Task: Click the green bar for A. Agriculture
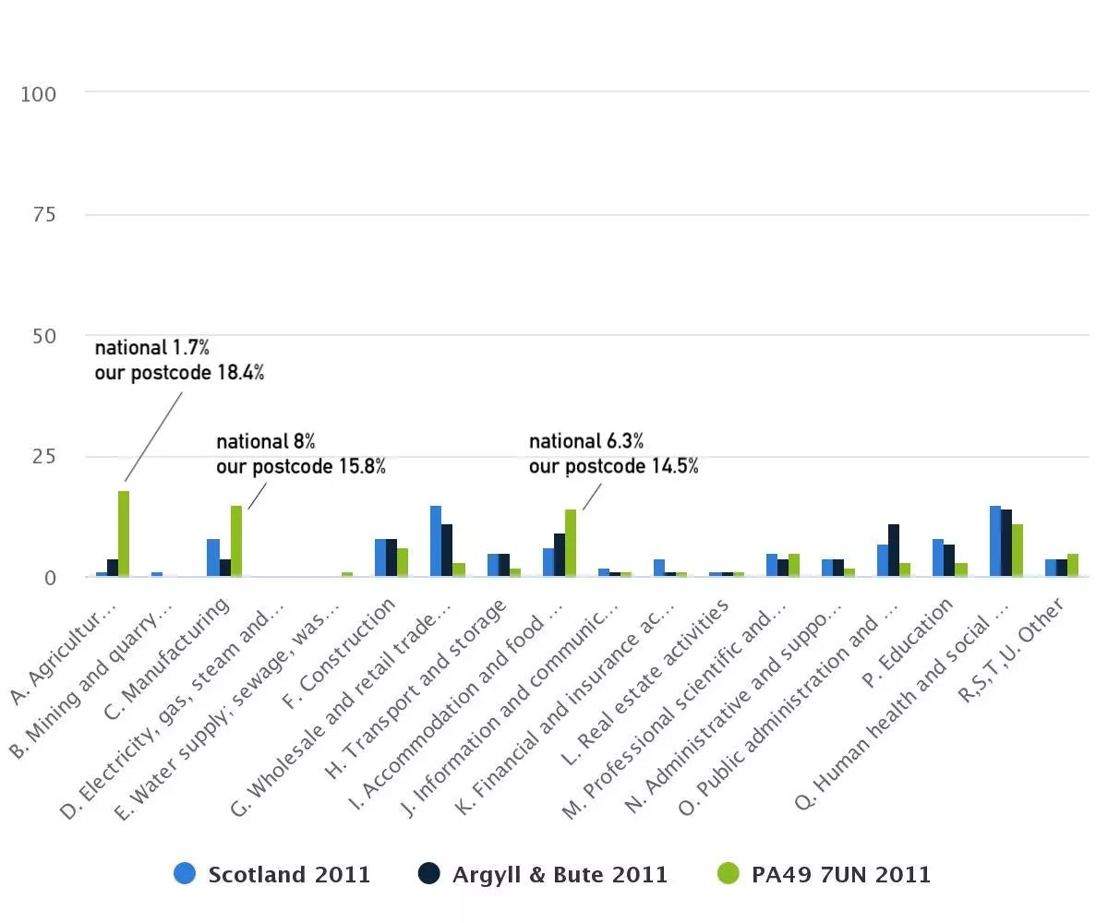123,533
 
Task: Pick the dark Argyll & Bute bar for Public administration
894,550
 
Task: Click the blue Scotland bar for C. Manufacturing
213,557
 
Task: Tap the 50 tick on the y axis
42,336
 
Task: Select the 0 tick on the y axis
49,578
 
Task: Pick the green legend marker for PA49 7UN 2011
729,873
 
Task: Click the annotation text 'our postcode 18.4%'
179,373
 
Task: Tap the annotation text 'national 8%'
266,441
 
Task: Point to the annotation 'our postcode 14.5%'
613,466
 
